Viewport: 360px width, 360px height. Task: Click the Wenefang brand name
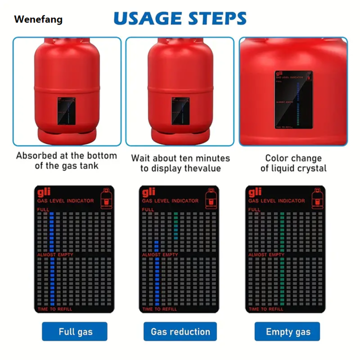[38, 20]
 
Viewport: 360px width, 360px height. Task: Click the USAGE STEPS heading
[180, 18]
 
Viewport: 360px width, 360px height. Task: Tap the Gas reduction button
[180, 331]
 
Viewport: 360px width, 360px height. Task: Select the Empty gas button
[287, 331]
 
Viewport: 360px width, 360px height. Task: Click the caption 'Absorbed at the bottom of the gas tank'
[66, 160]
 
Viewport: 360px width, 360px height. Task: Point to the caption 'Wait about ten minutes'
[180, 158]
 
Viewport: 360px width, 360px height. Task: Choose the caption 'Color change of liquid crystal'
[293, 163]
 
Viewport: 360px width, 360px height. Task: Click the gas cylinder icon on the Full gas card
[106, 196]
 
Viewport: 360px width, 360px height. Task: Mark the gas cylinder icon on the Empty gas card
[316, 196]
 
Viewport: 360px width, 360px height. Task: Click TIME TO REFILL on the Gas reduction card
[160, 309]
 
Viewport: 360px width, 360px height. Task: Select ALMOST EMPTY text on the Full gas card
[55, 255]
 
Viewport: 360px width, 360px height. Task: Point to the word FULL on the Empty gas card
[254, 209]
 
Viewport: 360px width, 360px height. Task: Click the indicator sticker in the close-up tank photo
[293, 99]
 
